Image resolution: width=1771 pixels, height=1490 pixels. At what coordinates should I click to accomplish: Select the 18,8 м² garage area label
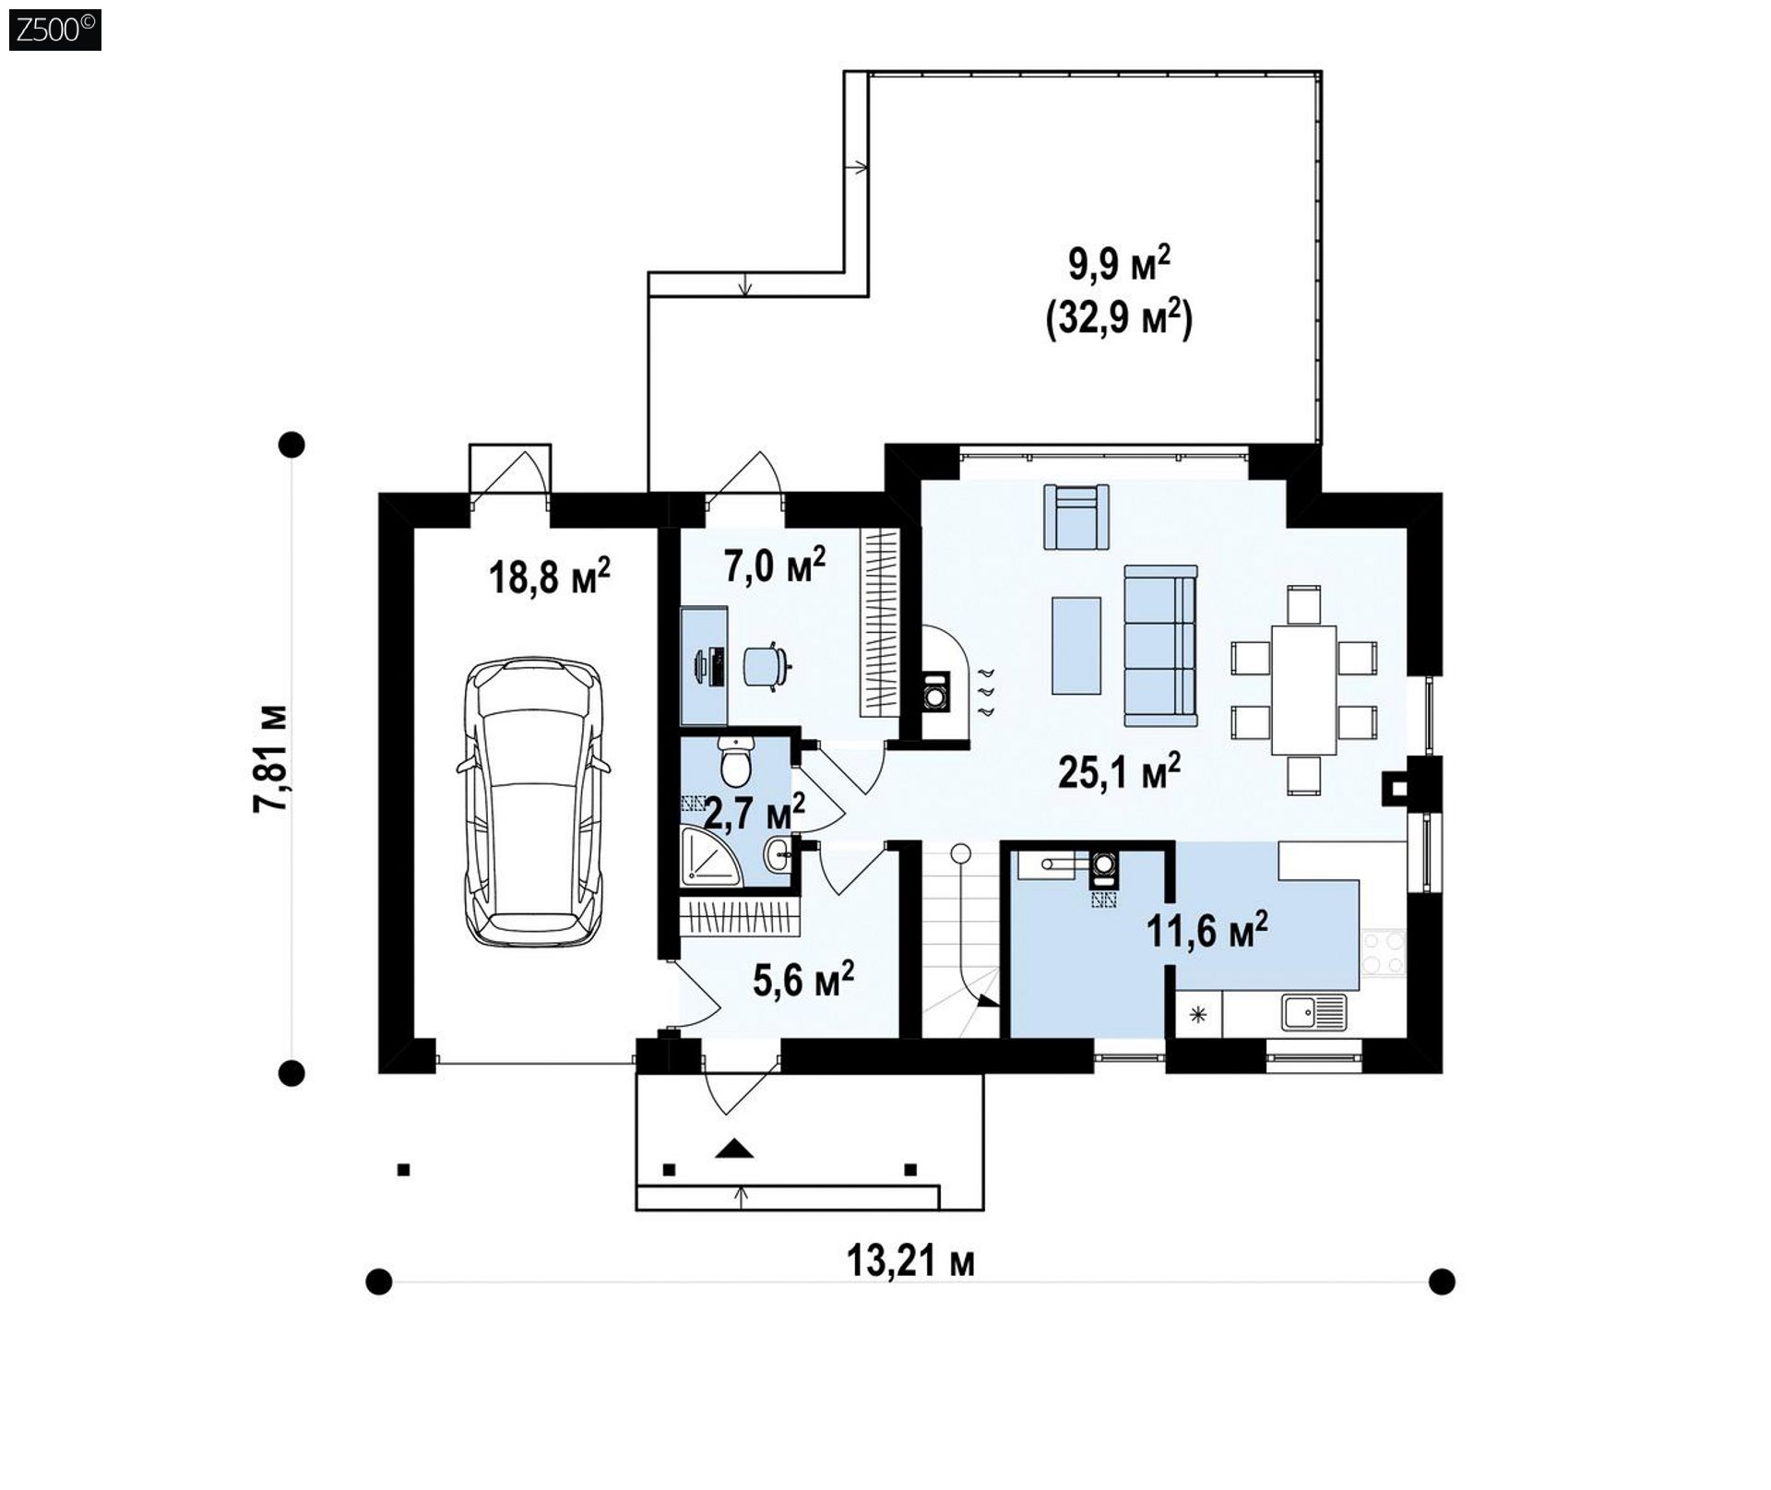(549, 576)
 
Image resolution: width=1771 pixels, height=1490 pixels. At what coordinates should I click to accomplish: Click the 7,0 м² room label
(774, 566)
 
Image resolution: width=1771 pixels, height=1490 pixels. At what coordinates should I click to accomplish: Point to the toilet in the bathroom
(736, 760)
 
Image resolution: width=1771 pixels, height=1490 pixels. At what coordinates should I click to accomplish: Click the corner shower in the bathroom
(709, 858)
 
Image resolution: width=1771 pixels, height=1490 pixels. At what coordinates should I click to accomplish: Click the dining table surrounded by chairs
(1303, 690)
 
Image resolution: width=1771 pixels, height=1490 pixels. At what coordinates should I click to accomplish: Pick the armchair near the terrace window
(1076, 516)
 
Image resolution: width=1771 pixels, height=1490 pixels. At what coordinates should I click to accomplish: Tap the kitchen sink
(1313, 1012)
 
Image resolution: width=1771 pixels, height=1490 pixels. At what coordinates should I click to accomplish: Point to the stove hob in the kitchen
(1383, 953)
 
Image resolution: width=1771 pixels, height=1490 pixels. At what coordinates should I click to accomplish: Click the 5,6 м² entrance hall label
(802, 980)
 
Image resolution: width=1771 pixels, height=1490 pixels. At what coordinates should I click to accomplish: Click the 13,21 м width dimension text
(910, 1261)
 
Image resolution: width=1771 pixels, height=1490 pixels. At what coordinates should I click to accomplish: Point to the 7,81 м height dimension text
(271, 759)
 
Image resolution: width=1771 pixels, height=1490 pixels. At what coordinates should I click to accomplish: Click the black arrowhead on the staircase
(989, 1000)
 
